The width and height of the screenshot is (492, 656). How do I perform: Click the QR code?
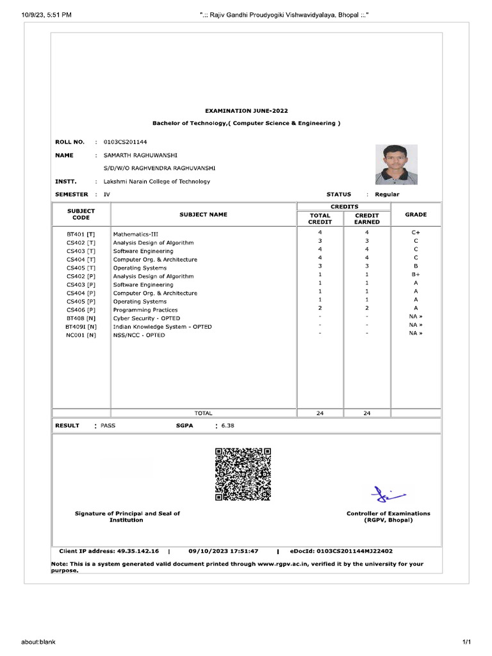click(x=243, y=474)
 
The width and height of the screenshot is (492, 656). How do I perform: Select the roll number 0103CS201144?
click(x=129, y=142)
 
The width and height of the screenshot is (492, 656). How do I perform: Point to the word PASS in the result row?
click(x=108, y=425)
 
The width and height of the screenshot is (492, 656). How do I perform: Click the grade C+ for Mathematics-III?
click(x=415, y=232)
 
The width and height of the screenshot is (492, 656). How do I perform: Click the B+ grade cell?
click(x=415, y=274)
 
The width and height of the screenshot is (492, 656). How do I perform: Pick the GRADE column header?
click(x=415, y=215)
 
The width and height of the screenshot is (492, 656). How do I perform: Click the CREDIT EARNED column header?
click(x=367, y=218)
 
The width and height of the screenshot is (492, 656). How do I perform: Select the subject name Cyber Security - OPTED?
click(x=147, y=318)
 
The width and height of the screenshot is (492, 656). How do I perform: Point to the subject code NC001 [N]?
click(x=81, y=335)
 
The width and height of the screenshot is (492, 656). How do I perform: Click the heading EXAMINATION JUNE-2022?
click(x=246, y=111)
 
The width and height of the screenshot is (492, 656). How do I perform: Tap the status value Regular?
click(x=387, y=194)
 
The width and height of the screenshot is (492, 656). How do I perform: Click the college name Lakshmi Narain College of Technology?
click(x=157, y=181)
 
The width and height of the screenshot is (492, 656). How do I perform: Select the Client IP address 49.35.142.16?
click(x=138, y=551)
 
